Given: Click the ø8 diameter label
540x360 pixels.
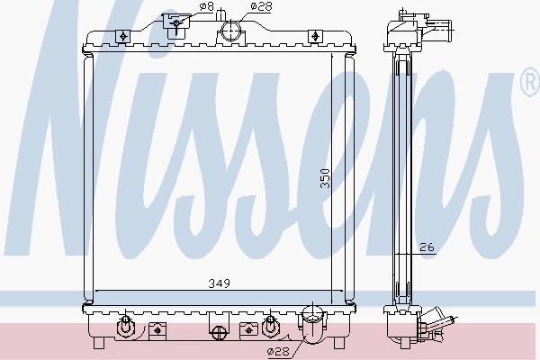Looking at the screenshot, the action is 206,6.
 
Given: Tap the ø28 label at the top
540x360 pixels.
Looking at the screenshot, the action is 261,6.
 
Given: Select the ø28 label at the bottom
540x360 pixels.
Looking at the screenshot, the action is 279,351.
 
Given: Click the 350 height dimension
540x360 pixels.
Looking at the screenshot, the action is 325,178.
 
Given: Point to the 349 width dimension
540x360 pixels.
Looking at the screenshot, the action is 220,283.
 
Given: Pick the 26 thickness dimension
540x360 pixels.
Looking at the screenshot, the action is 427,247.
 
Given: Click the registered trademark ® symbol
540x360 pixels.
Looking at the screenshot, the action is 531,82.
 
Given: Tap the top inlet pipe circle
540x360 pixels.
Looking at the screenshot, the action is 231,31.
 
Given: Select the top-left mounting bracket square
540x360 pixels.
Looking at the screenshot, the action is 122,36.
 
